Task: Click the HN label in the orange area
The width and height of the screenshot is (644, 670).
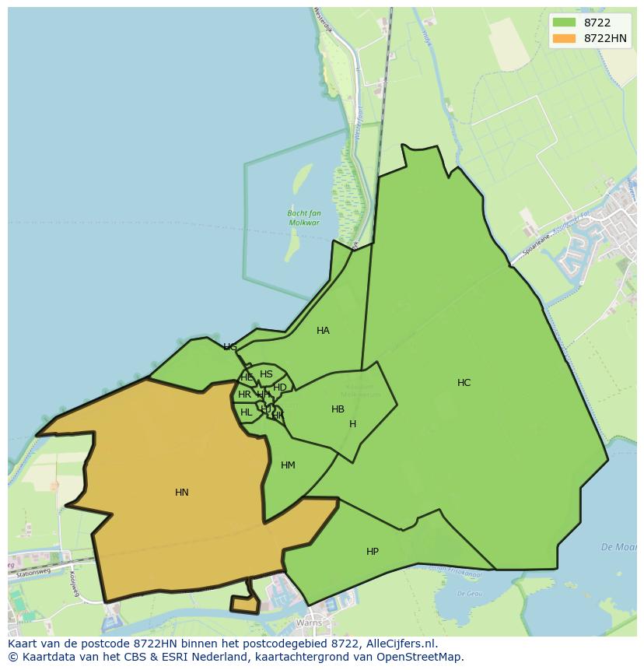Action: (x=182, y=493)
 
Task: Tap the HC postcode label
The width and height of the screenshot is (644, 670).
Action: (x=464, y=383)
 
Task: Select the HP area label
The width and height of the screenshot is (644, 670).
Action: (x=373, y=552)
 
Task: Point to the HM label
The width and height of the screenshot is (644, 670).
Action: (x=288, y=465)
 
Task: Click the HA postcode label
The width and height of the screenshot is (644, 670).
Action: (x=323, y=331)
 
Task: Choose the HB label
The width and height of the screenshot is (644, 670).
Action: (x=338, y=409)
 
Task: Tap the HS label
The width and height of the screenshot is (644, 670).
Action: (x=266, y=374)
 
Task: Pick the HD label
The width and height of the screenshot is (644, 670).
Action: (x=280, y=388)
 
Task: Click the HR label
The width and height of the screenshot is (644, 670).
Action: (x=244, y=395)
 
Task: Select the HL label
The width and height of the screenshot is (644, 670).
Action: (x=246, y=412)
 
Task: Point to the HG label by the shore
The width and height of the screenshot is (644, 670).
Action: (x=230, y=347)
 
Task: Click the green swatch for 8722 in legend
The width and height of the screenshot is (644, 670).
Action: (x=564, y=23)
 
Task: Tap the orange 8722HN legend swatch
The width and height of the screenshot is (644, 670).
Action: (x=564, y=38)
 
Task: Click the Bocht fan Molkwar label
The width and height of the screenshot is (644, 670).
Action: (x=304, y=218)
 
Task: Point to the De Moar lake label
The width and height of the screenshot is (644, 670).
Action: (x=618, y=547)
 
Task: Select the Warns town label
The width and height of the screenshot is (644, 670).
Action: (x=310, y=623)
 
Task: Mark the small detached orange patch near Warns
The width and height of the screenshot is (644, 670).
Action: (x=244, y=604)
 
